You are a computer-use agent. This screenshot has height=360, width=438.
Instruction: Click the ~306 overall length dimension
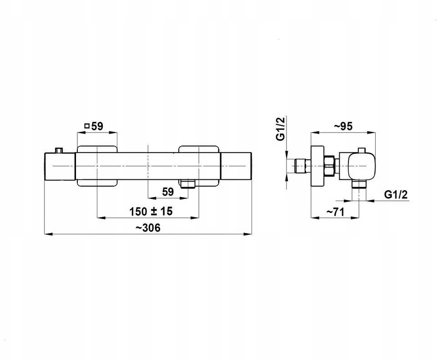pyautogui.click(x=148, y=228)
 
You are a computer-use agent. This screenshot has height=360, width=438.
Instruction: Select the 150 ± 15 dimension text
pyautogui.click(x=151, y=211)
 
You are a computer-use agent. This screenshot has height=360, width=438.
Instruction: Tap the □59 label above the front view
pyautogui.click(x=94, y=126)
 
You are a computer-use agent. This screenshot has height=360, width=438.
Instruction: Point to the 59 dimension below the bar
pyautogui.click(x=168, y=192)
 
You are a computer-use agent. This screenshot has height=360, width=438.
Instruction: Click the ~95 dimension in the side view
pyautogui.click(x=343, y=126)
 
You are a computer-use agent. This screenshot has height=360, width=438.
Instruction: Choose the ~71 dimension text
pyautogui.click(x=336, y=212)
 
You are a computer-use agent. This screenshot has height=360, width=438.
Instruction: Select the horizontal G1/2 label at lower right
pyautogui.click(x=396, y=194)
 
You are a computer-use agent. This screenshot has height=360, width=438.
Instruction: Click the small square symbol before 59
pyautogui.click(x=87, y=126)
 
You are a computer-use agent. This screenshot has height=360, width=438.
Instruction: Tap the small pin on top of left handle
pyautogui.click(x=59, y=150)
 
